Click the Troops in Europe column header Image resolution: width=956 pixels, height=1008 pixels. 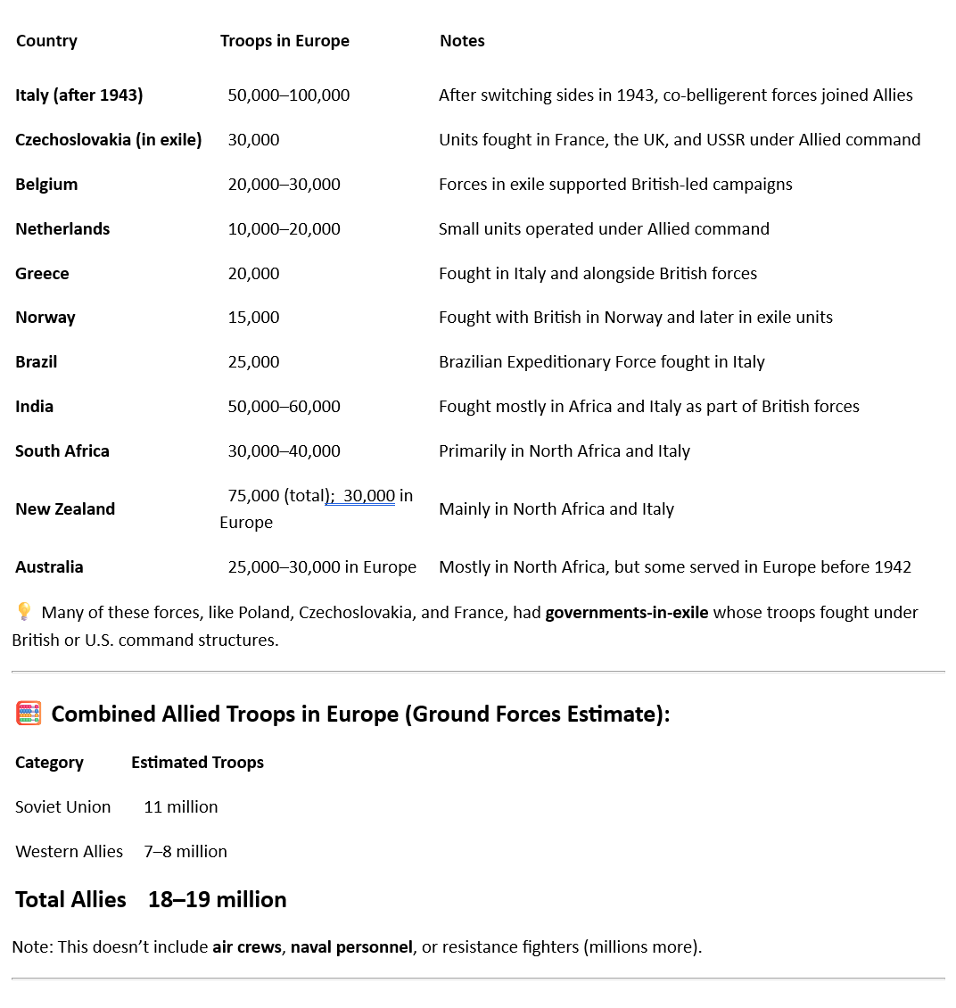[284, 41]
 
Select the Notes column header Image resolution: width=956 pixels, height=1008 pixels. [462, 41]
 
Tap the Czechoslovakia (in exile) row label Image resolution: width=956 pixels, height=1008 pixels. [108, 140]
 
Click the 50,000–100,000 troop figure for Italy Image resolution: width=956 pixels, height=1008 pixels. [288, 95]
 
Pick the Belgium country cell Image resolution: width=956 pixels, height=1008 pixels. [46, 185]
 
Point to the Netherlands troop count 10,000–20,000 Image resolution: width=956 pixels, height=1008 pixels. [284, 229]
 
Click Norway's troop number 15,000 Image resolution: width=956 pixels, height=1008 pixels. [253, 318]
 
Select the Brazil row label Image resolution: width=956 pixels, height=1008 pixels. [37, 362]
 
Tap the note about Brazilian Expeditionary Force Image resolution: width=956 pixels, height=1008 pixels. [601, 362]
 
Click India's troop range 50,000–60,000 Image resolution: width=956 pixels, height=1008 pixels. [284, 407]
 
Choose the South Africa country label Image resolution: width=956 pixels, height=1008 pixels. [62, 451]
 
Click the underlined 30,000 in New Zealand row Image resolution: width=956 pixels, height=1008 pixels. [368, 496]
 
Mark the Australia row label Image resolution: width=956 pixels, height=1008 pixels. [49, 567]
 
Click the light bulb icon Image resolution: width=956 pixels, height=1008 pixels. [24, 612]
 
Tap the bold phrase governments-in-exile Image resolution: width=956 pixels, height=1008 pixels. [626, 613]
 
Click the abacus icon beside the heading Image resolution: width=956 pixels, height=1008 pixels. [29, 714]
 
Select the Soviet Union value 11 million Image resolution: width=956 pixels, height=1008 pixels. [180, 807]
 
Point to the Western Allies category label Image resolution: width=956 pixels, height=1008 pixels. [69, 852]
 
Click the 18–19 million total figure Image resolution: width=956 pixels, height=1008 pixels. [217, 899]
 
